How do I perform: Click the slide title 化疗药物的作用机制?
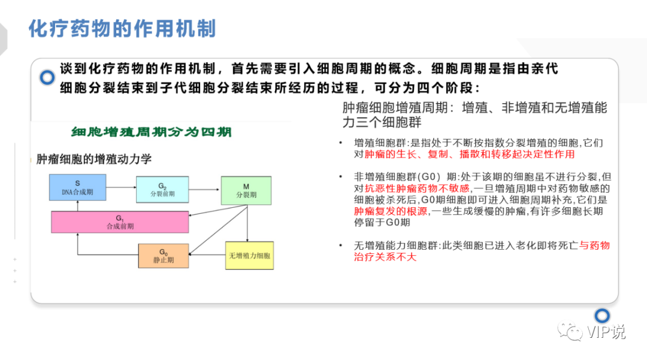[x=122, y=29]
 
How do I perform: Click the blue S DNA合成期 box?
[x=77, y=187]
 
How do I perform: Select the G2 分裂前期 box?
[x=161, y=189]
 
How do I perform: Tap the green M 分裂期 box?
[x=246, y=190]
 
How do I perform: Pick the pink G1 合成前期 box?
[x=120, y=222]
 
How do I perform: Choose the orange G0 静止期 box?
[x=163, y=256]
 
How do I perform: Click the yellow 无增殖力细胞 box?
[x=249, y=256]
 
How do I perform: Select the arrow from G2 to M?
[x=204, y=189]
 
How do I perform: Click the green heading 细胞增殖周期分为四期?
[x=151, y=132]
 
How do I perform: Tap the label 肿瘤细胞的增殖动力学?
[x=94, y=159]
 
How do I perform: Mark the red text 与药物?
[x=594, y=246]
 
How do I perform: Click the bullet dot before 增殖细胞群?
[x=340, y=143]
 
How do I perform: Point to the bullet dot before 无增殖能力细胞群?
[x=340, y=246]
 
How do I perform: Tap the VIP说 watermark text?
[x=606, y=331]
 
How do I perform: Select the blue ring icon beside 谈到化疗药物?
[x=47, y=77]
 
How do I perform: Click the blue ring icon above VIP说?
[x=602, y=315]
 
